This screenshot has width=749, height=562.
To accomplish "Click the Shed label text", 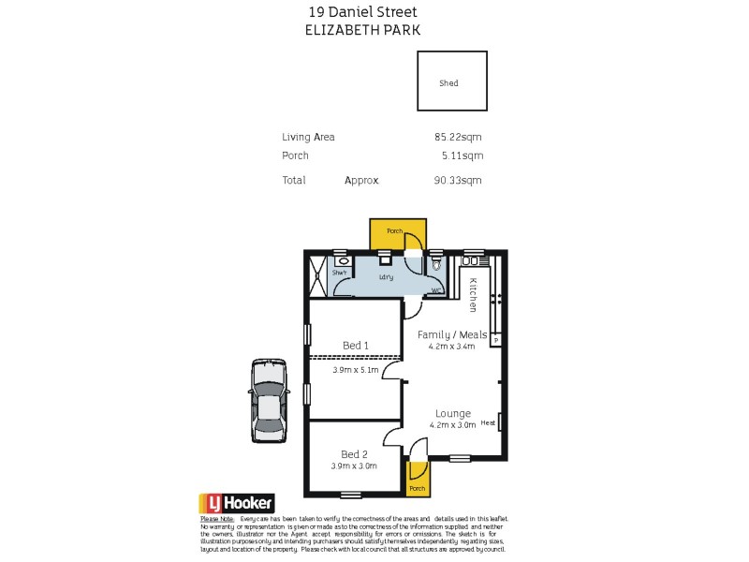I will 448,83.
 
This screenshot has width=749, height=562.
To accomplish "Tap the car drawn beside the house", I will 269,400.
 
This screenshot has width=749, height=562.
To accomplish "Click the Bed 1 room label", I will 356,346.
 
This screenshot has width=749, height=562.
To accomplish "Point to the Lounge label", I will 453,413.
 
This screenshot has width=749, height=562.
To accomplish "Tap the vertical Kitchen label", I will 474,294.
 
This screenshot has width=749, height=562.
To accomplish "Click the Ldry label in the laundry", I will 386,277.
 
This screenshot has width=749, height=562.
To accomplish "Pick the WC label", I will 435,290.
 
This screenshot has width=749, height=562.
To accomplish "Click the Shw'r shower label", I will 340,273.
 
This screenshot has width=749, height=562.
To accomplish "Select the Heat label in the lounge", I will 488,423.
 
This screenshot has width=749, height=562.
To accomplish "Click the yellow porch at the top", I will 398,234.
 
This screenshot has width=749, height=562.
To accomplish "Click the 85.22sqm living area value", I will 458,137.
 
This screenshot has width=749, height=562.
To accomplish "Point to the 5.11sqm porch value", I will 462,156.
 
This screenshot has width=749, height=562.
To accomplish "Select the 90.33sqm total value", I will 458,181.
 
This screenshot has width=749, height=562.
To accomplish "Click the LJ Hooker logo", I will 236,503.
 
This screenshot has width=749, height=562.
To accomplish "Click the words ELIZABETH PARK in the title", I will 363,30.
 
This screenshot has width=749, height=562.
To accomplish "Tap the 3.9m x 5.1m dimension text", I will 356,370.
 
